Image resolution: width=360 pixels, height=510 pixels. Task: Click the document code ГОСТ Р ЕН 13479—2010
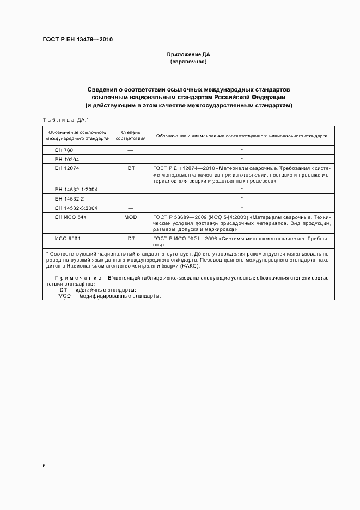coord(77,39)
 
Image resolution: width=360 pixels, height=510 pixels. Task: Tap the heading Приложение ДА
coord(188,55)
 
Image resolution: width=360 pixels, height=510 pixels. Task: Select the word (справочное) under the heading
coord(188,62)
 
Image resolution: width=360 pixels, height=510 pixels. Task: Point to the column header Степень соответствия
coord(130,135)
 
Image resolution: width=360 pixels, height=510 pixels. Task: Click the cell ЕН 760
coord(64,149)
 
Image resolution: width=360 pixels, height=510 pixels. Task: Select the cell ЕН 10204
coord(67,159)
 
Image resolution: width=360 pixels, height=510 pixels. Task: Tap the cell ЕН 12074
coord(67,168)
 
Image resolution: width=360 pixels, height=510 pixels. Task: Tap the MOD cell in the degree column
coord(130,217)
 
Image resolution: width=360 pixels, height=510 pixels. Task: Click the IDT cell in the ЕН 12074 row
coord(130,168)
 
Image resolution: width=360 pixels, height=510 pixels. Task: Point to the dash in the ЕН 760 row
coord(130,149)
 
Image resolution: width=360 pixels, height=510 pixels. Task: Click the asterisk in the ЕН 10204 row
coord(241,159)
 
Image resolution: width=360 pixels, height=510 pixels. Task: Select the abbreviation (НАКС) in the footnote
coord(190,265)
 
